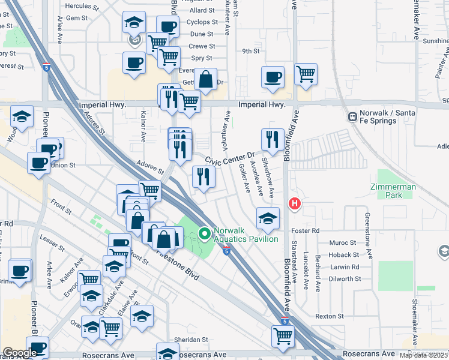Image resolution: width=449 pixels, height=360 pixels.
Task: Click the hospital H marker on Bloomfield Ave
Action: pyautogui.click(x=294, y=203)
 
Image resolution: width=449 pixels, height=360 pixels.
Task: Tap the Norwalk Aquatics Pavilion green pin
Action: pyautogui.click(x=204, y=233)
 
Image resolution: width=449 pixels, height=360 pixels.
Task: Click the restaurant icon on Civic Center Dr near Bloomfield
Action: pyautogui.click(x=273, y=140)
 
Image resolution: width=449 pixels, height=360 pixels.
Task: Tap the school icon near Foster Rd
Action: pyautogui.click(x=268, y=218)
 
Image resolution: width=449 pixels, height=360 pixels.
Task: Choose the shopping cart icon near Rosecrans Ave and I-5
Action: pyautogui.click(x=283, y=336)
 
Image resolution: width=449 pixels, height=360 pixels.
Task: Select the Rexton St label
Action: pyautogui.click(x=329, y=316)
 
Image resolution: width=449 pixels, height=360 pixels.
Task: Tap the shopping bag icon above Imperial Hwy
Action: pyautogui.click(x=205, y=79)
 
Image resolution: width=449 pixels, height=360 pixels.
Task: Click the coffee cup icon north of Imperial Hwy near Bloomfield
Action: pyautogui.click(x=273, y=77)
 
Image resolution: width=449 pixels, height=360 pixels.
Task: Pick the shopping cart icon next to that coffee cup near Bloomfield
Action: pyautogui.click(x=306, y=74)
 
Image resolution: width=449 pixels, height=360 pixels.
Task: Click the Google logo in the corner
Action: pyautogui.click(x=20, y=353)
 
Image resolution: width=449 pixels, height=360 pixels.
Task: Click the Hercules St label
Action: pyautogui.click(x=81, y=6)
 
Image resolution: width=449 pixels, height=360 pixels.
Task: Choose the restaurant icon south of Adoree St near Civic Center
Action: pyautogui.click(x=203, y=176)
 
